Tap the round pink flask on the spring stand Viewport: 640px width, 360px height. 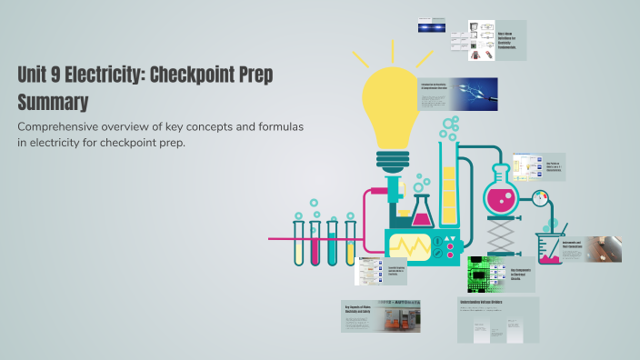498,195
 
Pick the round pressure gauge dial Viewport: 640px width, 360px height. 544,197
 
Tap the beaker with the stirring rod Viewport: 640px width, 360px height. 550,248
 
